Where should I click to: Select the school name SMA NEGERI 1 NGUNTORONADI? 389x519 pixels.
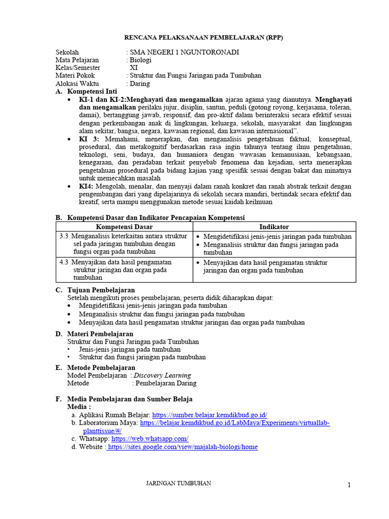click(184, 52)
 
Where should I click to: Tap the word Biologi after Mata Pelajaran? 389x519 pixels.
click(141, 60)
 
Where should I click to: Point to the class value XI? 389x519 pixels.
click(134, 67)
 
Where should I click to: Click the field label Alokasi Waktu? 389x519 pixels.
click(77, 83)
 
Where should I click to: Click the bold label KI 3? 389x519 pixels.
click(89, 139)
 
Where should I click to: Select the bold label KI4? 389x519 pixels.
click(88, 187)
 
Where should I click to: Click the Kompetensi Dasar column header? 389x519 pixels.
click(124, 227)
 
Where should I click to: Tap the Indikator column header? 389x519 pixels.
click(274, 227)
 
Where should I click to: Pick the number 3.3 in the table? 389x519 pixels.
click(64, 236)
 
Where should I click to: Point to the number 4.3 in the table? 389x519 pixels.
click(64, 263)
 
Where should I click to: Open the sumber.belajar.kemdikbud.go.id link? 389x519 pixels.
click(209, 415)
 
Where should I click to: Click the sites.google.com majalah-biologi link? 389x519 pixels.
click(182, 447)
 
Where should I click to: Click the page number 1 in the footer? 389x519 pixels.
click(349, 486)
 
